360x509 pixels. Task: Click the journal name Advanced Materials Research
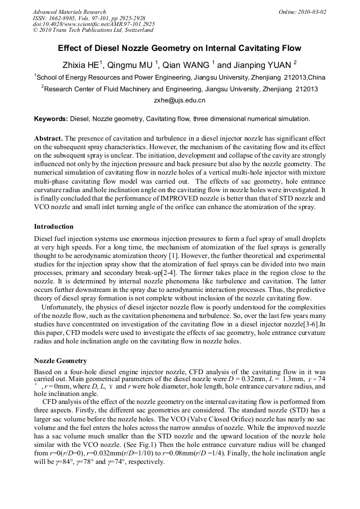tap(69, 12)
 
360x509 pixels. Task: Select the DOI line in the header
tap(93, 24)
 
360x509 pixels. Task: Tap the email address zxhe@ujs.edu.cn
tap(179, 100)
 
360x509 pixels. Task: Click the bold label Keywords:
tap(51, 118)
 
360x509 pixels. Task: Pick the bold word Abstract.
tap(48, 138)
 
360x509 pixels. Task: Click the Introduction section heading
tap(54, 227)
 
